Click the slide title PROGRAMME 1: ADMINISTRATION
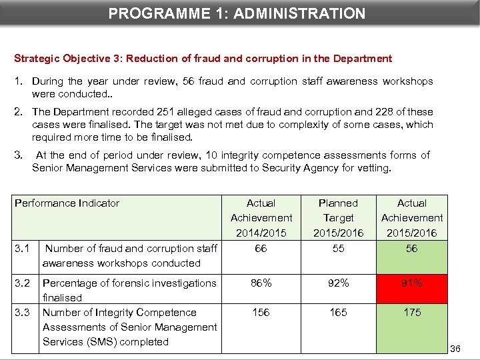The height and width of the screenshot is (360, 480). tap(237, 13)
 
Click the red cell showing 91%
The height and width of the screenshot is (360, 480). tap(412, 283)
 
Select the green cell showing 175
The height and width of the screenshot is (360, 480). tap(412, 313)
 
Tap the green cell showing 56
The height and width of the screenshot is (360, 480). tap(412, 248)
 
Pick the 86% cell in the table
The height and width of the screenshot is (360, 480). tap(261, 283)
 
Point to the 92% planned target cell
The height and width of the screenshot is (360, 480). tap(338, 283)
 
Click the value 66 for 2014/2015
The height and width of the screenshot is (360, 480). tap(261, 248)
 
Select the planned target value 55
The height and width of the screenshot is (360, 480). tap(338, 248)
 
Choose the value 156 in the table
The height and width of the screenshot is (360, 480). tap(261, 313)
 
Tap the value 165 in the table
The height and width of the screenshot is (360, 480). tap(338, 313)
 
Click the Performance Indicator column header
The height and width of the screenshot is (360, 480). tap(67, 203)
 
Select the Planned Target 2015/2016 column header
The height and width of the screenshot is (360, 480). tap(338, 218)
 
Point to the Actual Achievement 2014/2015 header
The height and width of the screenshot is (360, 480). tap(261, 218)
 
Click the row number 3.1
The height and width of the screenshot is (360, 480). tap(23, 249)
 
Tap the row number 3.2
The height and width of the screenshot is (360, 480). tap(23, 283)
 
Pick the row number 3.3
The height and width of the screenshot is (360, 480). tap(23, 313)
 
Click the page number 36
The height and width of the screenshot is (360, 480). tap(455, 349)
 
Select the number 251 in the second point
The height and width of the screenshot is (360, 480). tap(183, 112)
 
